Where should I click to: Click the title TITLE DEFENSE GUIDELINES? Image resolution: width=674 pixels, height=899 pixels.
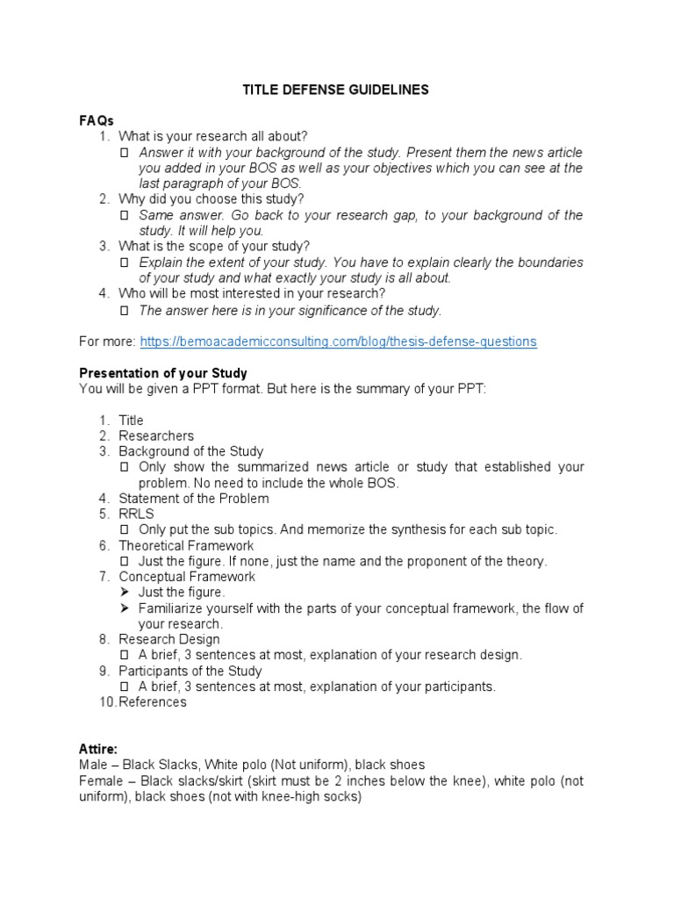(x=336, y=90)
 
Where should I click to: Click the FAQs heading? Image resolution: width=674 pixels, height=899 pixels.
(x=97, y=120)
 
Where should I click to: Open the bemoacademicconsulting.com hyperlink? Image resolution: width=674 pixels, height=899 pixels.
(x=338, y=342)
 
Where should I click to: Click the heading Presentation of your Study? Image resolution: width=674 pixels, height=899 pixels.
(x=163, y=373)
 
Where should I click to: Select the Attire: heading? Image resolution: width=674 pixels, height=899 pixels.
(x=98, y=749)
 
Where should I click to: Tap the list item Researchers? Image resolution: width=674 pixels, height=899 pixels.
(x=156, y=435)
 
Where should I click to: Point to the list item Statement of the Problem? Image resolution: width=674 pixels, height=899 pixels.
(x=193, y=499)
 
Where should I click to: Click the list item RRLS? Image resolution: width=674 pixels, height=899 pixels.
(x=136, y=514)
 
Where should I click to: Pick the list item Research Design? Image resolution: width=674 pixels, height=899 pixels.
(x=169, y=640)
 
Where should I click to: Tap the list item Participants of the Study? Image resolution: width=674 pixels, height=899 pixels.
(x=190, y=672)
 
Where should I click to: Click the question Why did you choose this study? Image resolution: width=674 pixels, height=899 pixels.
(x=212, y=199)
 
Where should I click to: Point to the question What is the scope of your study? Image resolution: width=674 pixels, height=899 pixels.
(x=214, y=247)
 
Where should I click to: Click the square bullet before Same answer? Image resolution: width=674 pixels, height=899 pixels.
(x=125, y=216)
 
